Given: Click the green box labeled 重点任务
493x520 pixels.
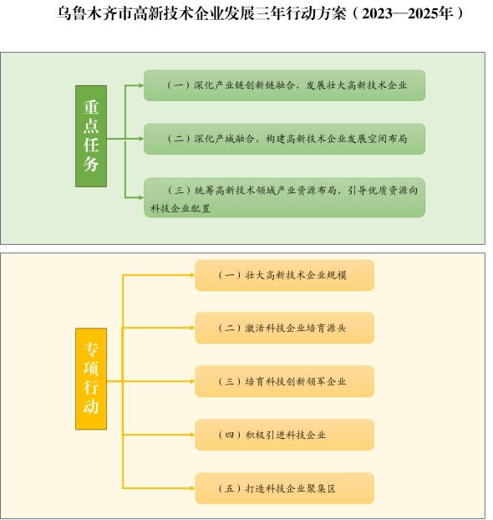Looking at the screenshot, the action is point(91,136).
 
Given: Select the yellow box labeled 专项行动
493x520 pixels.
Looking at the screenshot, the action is point(91,379).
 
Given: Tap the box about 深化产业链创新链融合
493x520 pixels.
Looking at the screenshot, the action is point(284,85).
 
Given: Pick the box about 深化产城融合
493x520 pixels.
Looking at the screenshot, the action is point(284,139).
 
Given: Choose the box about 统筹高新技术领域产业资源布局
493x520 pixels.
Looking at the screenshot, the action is point(284,197).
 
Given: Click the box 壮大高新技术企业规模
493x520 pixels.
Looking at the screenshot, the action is point(284,275).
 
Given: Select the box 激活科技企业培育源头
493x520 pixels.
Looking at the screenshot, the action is point(284,328).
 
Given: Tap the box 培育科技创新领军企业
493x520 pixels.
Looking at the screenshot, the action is point(284,381).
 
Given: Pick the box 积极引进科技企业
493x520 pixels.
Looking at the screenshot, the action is point(284,435).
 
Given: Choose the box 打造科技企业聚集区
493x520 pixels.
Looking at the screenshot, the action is point(284,488).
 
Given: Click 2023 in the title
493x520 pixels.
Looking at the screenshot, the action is point(377,14).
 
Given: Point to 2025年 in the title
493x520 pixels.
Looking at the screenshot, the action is point(430,14).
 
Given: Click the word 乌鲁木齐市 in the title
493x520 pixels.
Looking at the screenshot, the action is point(95,14).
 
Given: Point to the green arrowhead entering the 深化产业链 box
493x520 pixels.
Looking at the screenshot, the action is point(141,85).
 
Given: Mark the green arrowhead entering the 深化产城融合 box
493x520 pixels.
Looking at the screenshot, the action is point(141,139).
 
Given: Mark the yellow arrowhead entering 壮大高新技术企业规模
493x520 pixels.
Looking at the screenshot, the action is point(192,275).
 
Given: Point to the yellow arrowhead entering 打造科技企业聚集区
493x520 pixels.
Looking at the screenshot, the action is point(192,488).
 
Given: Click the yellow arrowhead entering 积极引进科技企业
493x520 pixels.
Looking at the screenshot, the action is point(192,435).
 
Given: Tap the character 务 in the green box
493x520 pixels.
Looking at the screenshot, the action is point(91,164).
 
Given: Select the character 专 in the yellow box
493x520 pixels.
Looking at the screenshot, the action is point(91,349).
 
